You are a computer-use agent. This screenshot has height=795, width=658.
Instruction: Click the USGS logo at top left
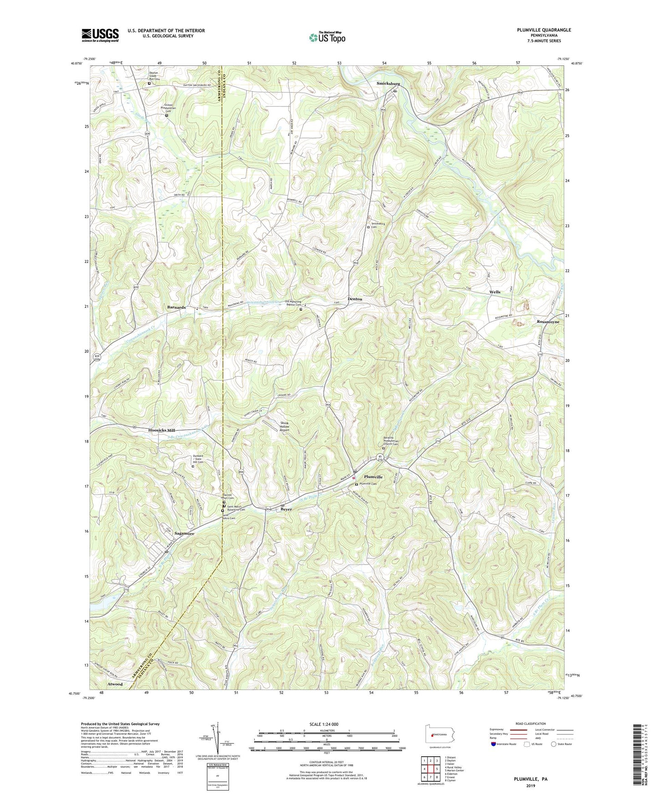coord(100,35)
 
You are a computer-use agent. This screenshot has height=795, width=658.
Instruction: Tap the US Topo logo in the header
coord(326,37)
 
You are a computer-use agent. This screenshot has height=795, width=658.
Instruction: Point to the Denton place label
coord(355,299)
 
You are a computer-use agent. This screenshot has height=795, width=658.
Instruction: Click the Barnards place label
coord(176,307)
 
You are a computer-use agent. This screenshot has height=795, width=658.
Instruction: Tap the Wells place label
coord(495,292)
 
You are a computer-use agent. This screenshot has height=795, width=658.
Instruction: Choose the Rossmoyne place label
coord(548,321)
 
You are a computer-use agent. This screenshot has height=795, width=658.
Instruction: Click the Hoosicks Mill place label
coord(162,430)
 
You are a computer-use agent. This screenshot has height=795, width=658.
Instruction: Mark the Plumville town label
coord(373,477)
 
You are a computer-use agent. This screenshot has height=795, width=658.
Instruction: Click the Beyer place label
coord(286,509)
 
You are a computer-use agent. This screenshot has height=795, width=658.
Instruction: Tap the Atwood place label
coord(115,684)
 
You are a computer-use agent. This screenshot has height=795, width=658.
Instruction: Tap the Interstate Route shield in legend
coord(494,744)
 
